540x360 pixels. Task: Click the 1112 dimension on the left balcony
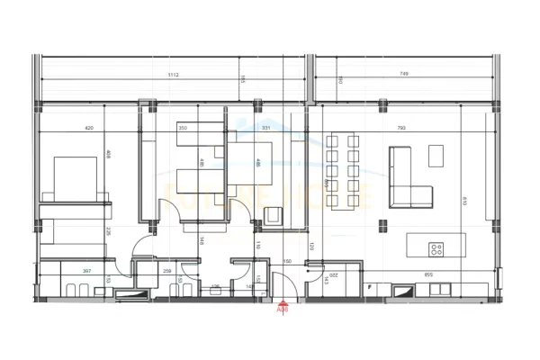click(x=172, y=75)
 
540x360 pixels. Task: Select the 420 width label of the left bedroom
click(x=89, y=128)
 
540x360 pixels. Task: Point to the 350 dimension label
click(x=183, y=128)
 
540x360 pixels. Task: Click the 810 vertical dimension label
click(x=463, y=201)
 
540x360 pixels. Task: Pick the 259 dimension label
click(x=167, y=270)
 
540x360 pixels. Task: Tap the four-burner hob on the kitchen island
click(x=436, y=249)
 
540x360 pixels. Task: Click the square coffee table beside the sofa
click(x=436, y=156)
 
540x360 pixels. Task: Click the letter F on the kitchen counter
click(x=370, y=287)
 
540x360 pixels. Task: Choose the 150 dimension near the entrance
click(x=288, y=261)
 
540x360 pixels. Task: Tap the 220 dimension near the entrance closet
click(x=331, y=274)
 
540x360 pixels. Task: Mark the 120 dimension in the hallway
click(x=311, y=246)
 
